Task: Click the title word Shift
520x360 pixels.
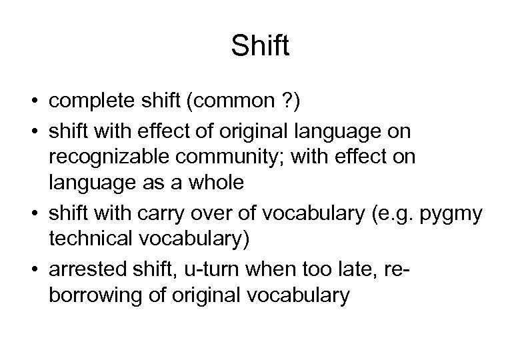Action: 259,46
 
